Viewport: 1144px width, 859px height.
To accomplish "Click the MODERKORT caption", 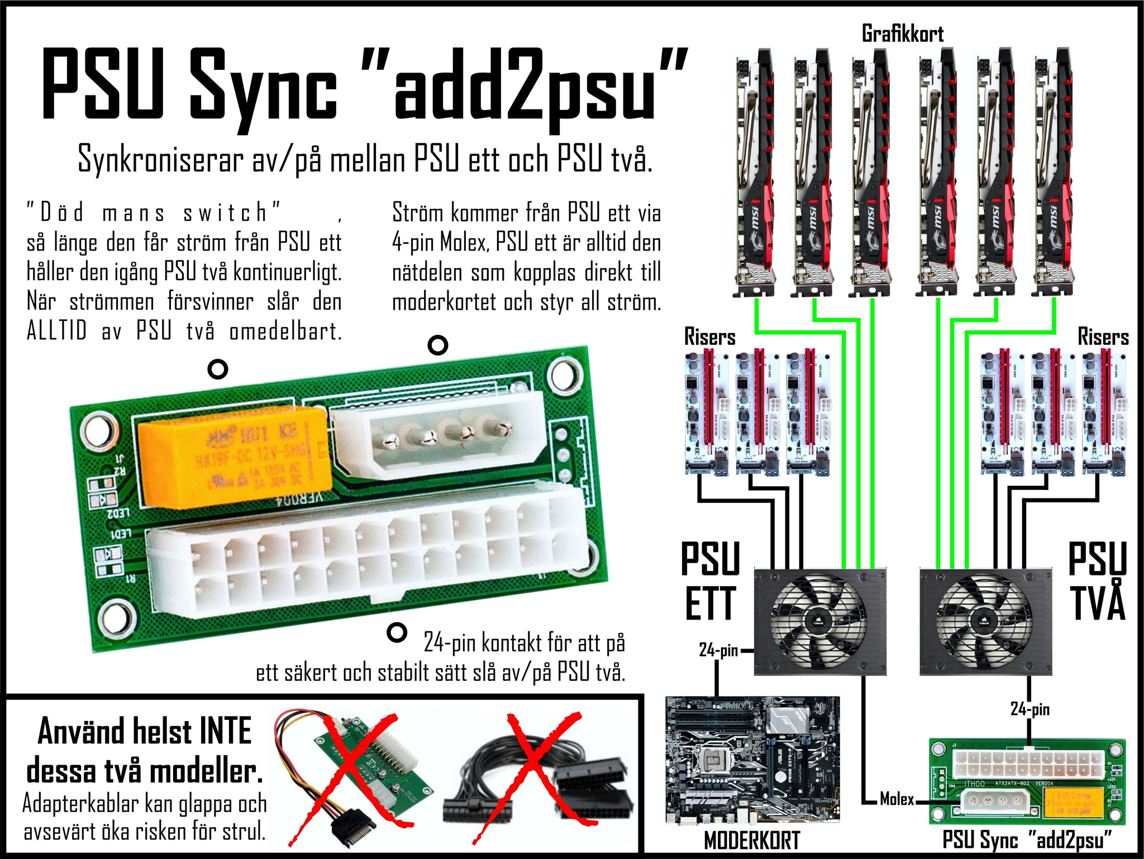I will click(x=752, y=840).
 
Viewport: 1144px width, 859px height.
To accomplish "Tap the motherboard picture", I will click(x=752, y=759).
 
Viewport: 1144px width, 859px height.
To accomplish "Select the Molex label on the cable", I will click(x=897, y=799).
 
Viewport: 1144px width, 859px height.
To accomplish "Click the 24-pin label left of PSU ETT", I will click(x=718, y=650).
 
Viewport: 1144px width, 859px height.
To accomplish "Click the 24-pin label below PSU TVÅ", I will click(x=1029, y=709).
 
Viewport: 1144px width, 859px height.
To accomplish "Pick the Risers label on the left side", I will click(x=709, y=337).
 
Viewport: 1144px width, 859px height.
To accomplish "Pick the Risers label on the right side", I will click(x=1103, y=337).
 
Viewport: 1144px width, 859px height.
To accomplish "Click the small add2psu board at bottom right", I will click(x=1027, y=781).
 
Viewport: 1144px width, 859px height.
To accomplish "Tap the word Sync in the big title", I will click(x=263, y=89).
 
